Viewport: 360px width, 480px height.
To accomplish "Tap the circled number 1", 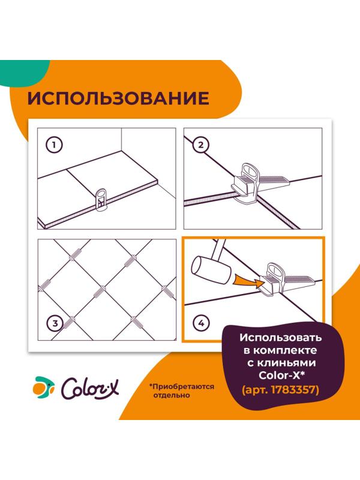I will [55, 145].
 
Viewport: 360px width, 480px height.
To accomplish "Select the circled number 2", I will [201, 145].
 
